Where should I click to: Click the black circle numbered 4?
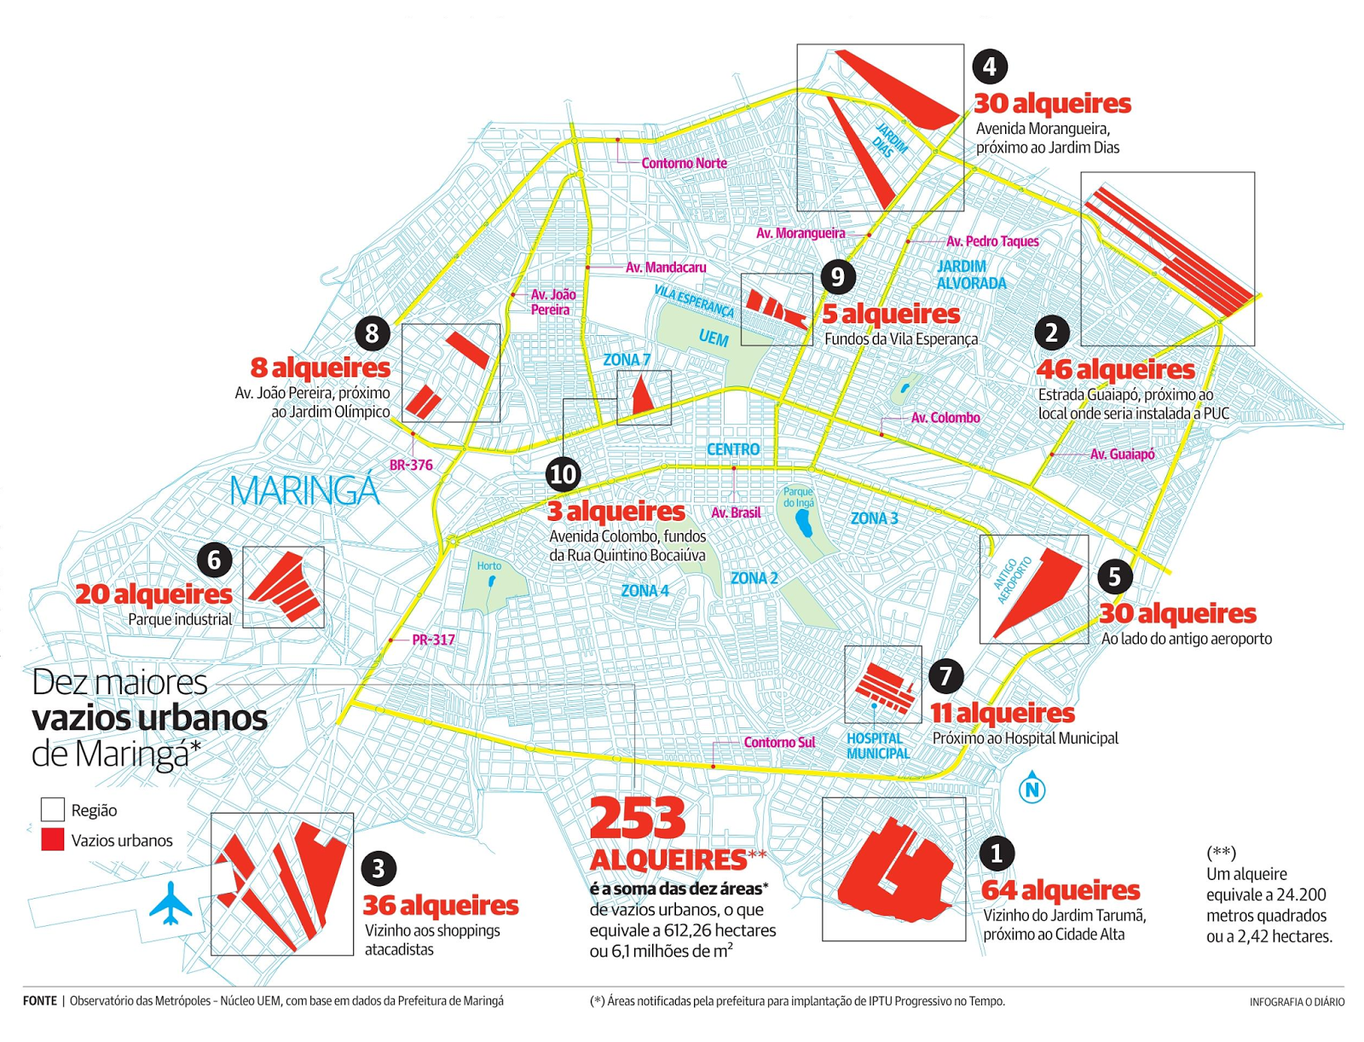tap(989, 67)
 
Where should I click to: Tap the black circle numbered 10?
tap(563, 473)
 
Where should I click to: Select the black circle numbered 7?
tap(945, 676)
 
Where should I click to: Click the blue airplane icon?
tap(170, 904)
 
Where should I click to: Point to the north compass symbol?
tap(1032, 788)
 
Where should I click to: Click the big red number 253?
tap(638, 819)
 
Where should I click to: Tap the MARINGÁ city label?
tap(304, 491)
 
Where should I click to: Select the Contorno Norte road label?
tap(684, 163)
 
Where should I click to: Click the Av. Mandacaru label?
tap(666, 268)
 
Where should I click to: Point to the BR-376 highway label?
tap(411, 466)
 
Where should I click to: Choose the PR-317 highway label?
tap(433, 640)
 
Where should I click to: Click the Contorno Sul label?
tap(779, 743)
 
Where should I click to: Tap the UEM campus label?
tap(714, 339)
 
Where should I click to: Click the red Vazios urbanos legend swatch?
tap(53, 840)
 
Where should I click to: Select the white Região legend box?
tap(53, 809)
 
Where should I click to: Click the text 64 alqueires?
tap(1061, 890)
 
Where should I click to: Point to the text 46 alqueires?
tap(1115, 369)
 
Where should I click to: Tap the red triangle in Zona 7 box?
tap(641, 397)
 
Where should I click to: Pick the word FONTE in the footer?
tap(40, 1001)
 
